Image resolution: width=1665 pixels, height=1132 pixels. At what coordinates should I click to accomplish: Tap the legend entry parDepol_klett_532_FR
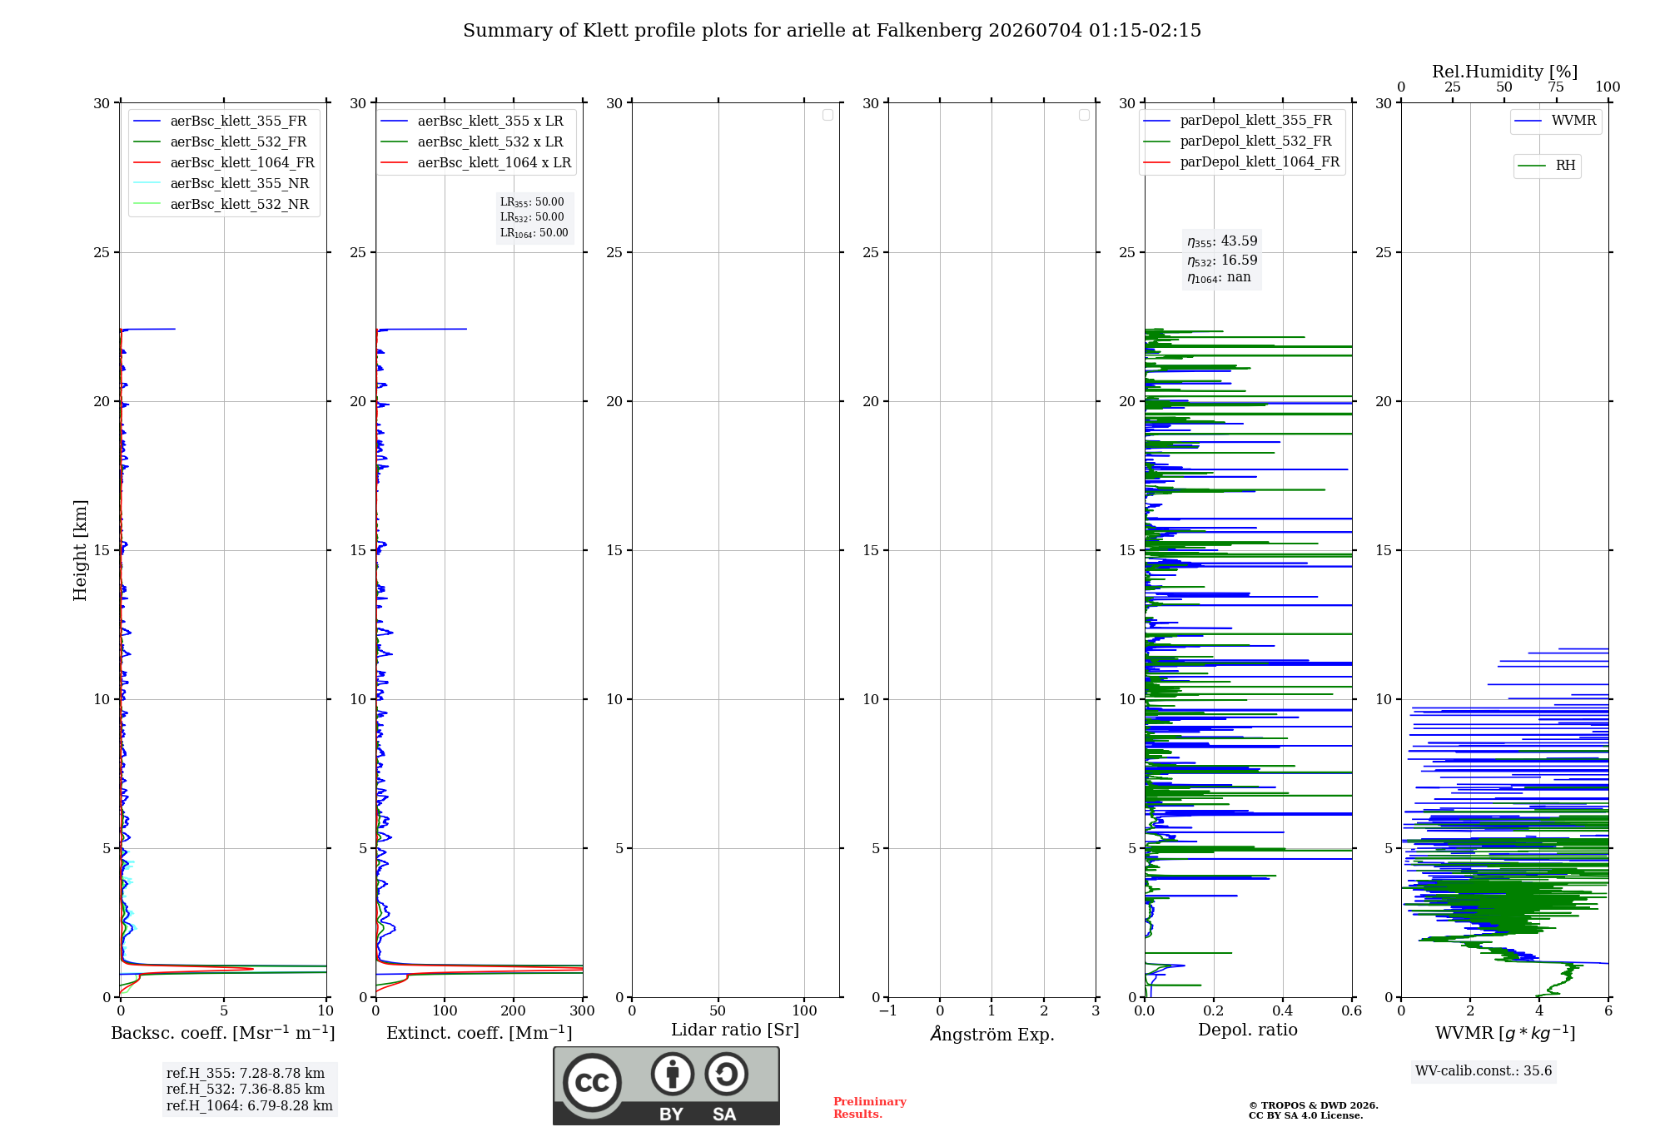click(1237, 141)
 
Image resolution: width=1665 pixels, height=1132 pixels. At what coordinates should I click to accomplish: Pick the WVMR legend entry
click(1555, 121)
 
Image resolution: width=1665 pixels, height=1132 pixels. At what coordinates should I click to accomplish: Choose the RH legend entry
click(1547, 166)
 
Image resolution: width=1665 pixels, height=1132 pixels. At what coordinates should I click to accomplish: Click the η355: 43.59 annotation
click(1222, 241)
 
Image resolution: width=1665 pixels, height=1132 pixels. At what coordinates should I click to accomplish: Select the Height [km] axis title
click(80, 550)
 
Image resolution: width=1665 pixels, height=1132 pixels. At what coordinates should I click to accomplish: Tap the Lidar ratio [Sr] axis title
click(735, 1030)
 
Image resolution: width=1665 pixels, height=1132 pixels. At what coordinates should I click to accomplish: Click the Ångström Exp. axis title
click(992, 1034)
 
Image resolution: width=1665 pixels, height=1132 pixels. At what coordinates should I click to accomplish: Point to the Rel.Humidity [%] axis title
click(1505, 72)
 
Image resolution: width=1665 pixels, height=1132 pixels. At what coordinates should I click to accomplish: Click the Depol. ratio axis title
click(1248, 1030)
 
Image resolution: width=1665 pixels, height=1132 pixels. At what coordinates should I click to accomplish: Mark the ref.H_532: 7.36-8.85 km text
click(246, 1090)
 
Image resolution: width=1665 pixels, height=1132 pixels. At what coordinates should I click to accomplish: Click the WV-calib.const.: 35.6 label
click(1484, 1071)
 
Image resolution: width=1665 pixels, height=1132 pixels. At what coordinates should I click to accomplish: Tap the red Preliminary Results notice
click(870, 1108)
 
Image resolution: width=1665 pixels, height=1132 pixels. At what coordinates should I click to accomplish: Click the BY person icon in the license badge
click(673, 1074)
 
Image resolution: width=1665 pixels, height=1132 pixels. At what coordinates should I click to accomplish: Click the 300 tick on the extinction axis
click(582, 1010)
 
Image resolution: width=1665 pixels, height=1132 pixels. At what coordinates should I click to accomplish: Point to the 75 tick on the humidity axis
click(1556, 87)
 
